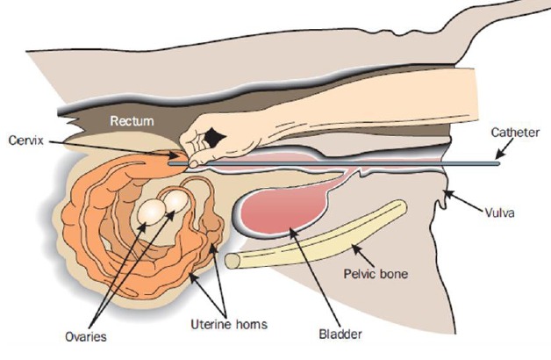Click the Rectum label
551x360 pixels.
pos(131,120)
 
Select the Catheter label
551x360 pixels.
pos(512,134)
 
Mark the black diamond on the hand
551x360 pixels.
pos(211,137)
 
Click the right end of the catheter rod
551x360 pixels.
pos(497,162)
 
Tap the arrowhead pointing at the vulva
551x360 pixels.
pos(448,192)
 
